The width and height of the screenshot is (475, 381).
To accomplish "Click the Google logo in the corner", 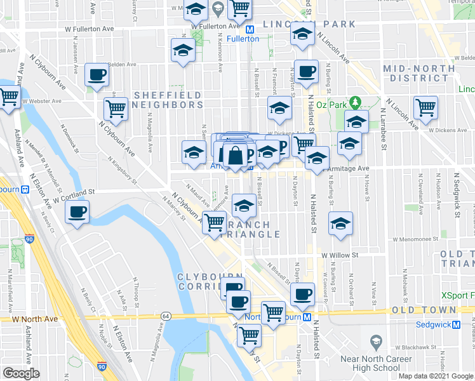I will pos(21,373).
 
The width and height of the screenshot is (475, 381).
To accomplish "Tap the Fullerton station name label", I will pos(243,39).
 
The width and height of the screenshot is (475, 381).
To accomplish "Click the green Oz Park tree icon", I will pos(356,101).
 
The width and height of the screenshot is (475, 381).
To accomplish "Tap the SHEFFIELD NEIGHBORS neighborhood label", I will pos(168,100).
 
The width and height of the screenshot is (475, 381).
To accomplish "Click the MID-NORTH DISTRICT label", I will pos(418,73).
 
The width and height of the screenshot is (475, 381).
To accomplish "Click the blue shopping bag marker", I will pos(235,156).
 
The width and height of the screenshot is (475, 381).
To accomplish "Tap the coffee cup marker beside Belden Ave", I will pos(97,75).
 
